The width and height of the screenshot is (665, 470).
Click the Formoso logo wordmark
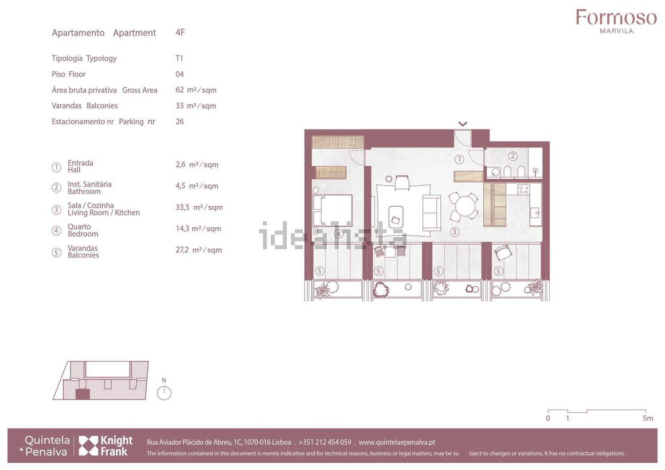click(616, 17)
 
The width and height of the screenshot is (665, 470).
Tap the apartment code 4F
click(180, 32)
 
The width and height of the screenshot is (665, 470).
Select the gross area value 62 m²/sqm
click(196, 90)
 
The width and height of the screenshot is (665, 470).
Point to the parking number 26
click(180, 121)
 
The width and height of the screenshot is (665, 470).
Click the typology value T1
click(179, 58)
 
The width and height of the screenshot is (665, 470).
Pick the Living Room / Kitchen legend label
click(104, 212)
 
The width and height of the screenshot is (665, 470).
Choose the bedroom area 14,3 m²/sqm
click(198, 229)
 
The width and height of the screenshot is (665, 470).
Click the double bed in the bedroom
click(333, 210)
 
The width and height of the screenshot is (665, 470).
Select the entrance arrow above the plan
click(462, 124)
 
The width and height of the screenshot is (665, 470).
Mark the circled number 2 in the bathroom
click(512, 156)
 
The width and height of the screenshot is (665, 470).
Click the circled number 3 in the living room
click(454, 232)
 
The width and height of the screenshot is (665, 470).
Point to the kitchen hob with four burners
click(524, 189)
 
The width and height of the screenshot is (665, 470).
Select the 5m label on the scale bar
click(648, 418)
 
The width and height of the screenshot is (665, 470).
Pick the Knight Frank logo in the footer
click(106, 446)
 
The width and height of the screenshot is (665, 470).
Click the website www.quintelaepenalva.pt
click(397, 442)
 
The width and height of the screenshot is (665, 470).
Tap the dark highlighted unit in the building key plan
click(82, 394)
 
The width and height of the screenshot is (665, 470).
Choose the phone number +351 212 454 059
click(325, 442)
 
